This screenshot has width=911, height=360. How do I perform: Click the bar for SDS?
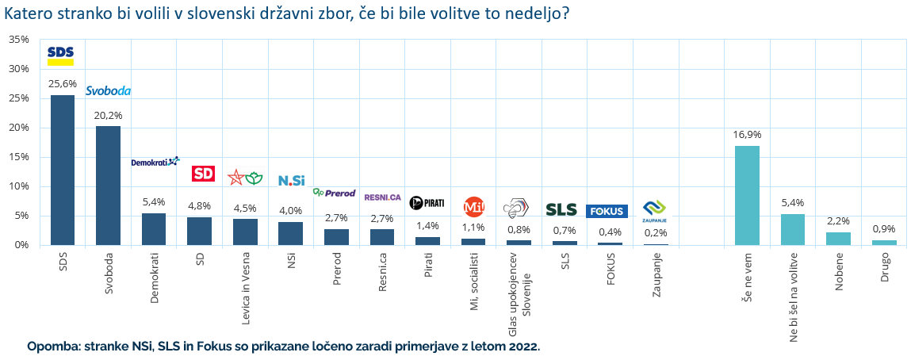(x=63, y=170)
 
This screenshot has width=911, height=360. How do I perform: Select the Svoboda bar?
(x=108, y=186)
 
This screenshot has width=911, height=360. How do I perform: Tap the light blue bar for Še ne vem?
(x=747, y=195)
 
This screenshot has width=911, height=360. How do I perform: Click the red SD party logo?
(x=204, y=174)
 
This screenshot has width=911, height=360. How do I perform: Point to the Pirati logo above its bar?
(x=427, y=203)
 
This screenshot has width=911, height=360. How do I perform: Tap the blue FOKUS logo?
(x=607, y=211)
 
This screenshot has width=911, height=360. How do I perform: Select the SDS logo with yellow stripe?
(x=60, y=54)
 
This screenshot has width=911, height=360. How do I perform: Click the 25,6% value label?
(x=62, y=83)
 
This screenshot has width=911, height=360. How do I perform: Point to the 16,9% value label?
(x=747, y=134)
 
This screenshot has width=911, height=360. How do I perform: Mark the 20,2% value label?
(x=108, y=115)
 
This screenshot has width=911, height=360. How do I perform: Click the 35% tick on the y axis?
(x=18, y=39)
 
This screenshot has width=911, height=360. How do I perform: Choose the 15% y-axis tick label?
(x=18, y=157)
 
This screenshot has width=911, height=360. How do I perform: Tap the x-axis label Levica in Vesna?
(x=246, y=286)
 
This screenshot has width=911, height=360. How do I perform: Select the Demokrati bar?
(x=154, y=229)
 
